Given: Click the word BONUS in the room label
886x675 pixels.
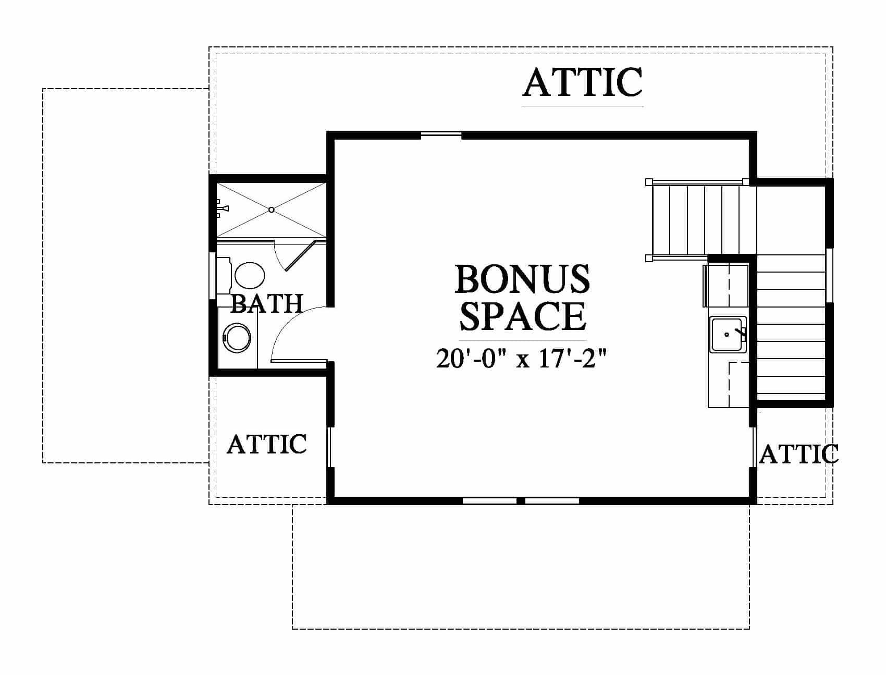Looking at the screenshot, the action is coord(522,279).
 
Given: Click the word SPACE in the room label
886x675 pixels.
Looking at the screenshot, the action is coord(523,316).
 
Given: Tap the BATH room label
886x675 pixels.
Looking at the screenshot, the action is coord(266,303).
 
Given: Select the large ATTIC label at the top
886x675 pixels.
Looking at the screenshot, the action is coord(582,82).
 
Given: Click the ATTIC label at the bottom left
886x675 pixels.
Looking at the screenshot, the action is coord(267,444).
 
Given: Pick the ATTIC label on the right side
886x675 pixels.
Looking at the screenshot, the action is coord(798,454).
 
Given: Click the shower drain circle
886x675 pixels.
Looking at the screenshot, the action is coord(271,210).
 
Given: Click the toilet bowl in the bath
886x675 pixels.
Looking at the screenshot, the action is coord(250,276).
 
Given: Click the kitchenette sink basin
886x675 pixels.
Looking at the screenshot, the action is coord(727,334).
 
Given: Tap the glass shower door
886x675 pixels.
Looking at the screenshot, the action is coord(301,256).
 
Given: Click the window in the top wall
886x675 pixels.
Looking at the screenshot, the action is coord(441,135).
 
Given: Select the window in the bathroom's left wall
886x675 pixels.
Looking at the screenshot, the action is coord(212,276).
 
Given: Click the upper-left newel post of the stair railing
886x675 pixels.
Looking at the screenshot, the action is coord(649,182).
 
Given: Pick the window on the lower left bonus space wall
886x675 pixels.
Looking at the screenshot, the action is coord(329,447).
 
